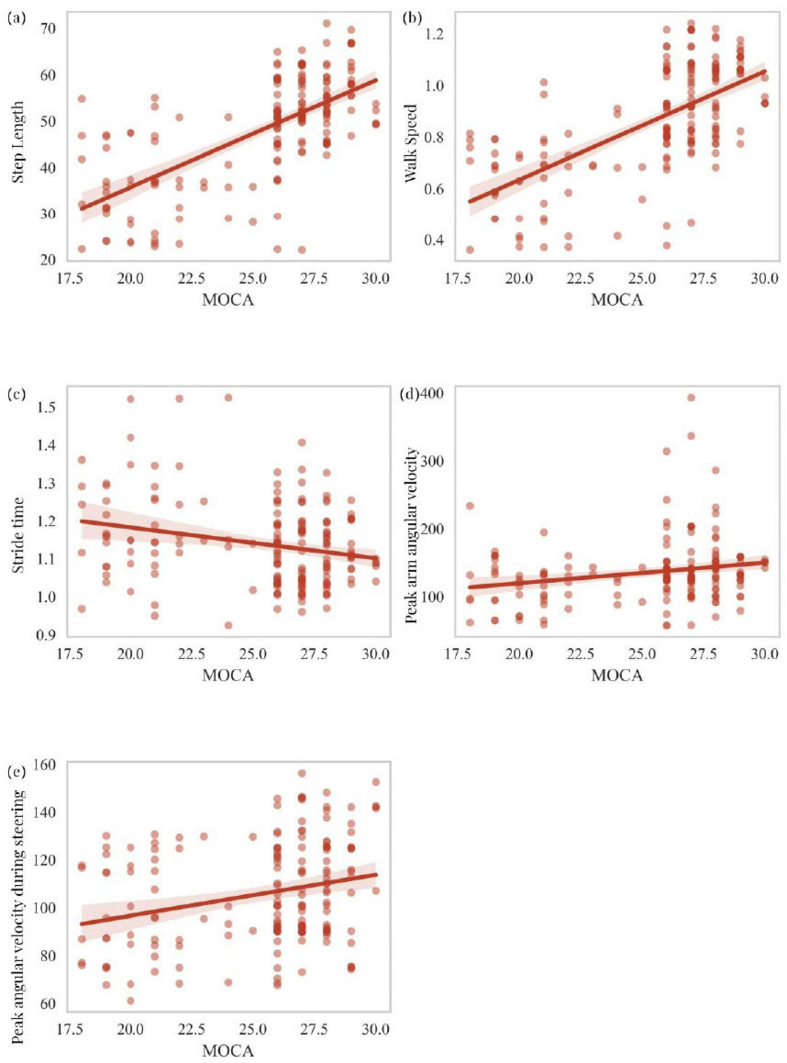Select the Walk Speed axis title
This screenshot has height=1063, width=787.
coord(410,143)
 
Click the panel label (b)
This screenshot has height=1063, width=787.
coord(411,19)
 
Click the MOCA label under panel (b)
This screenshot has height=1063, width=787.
coord(617,300)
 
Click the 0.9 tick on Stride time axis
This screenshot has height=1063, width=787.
coord(47,635)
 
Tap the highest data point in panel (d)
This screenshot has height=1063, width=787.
coord(691,397)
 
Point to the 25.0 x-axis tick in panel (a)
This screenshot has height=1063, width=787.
coord(253,278)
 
